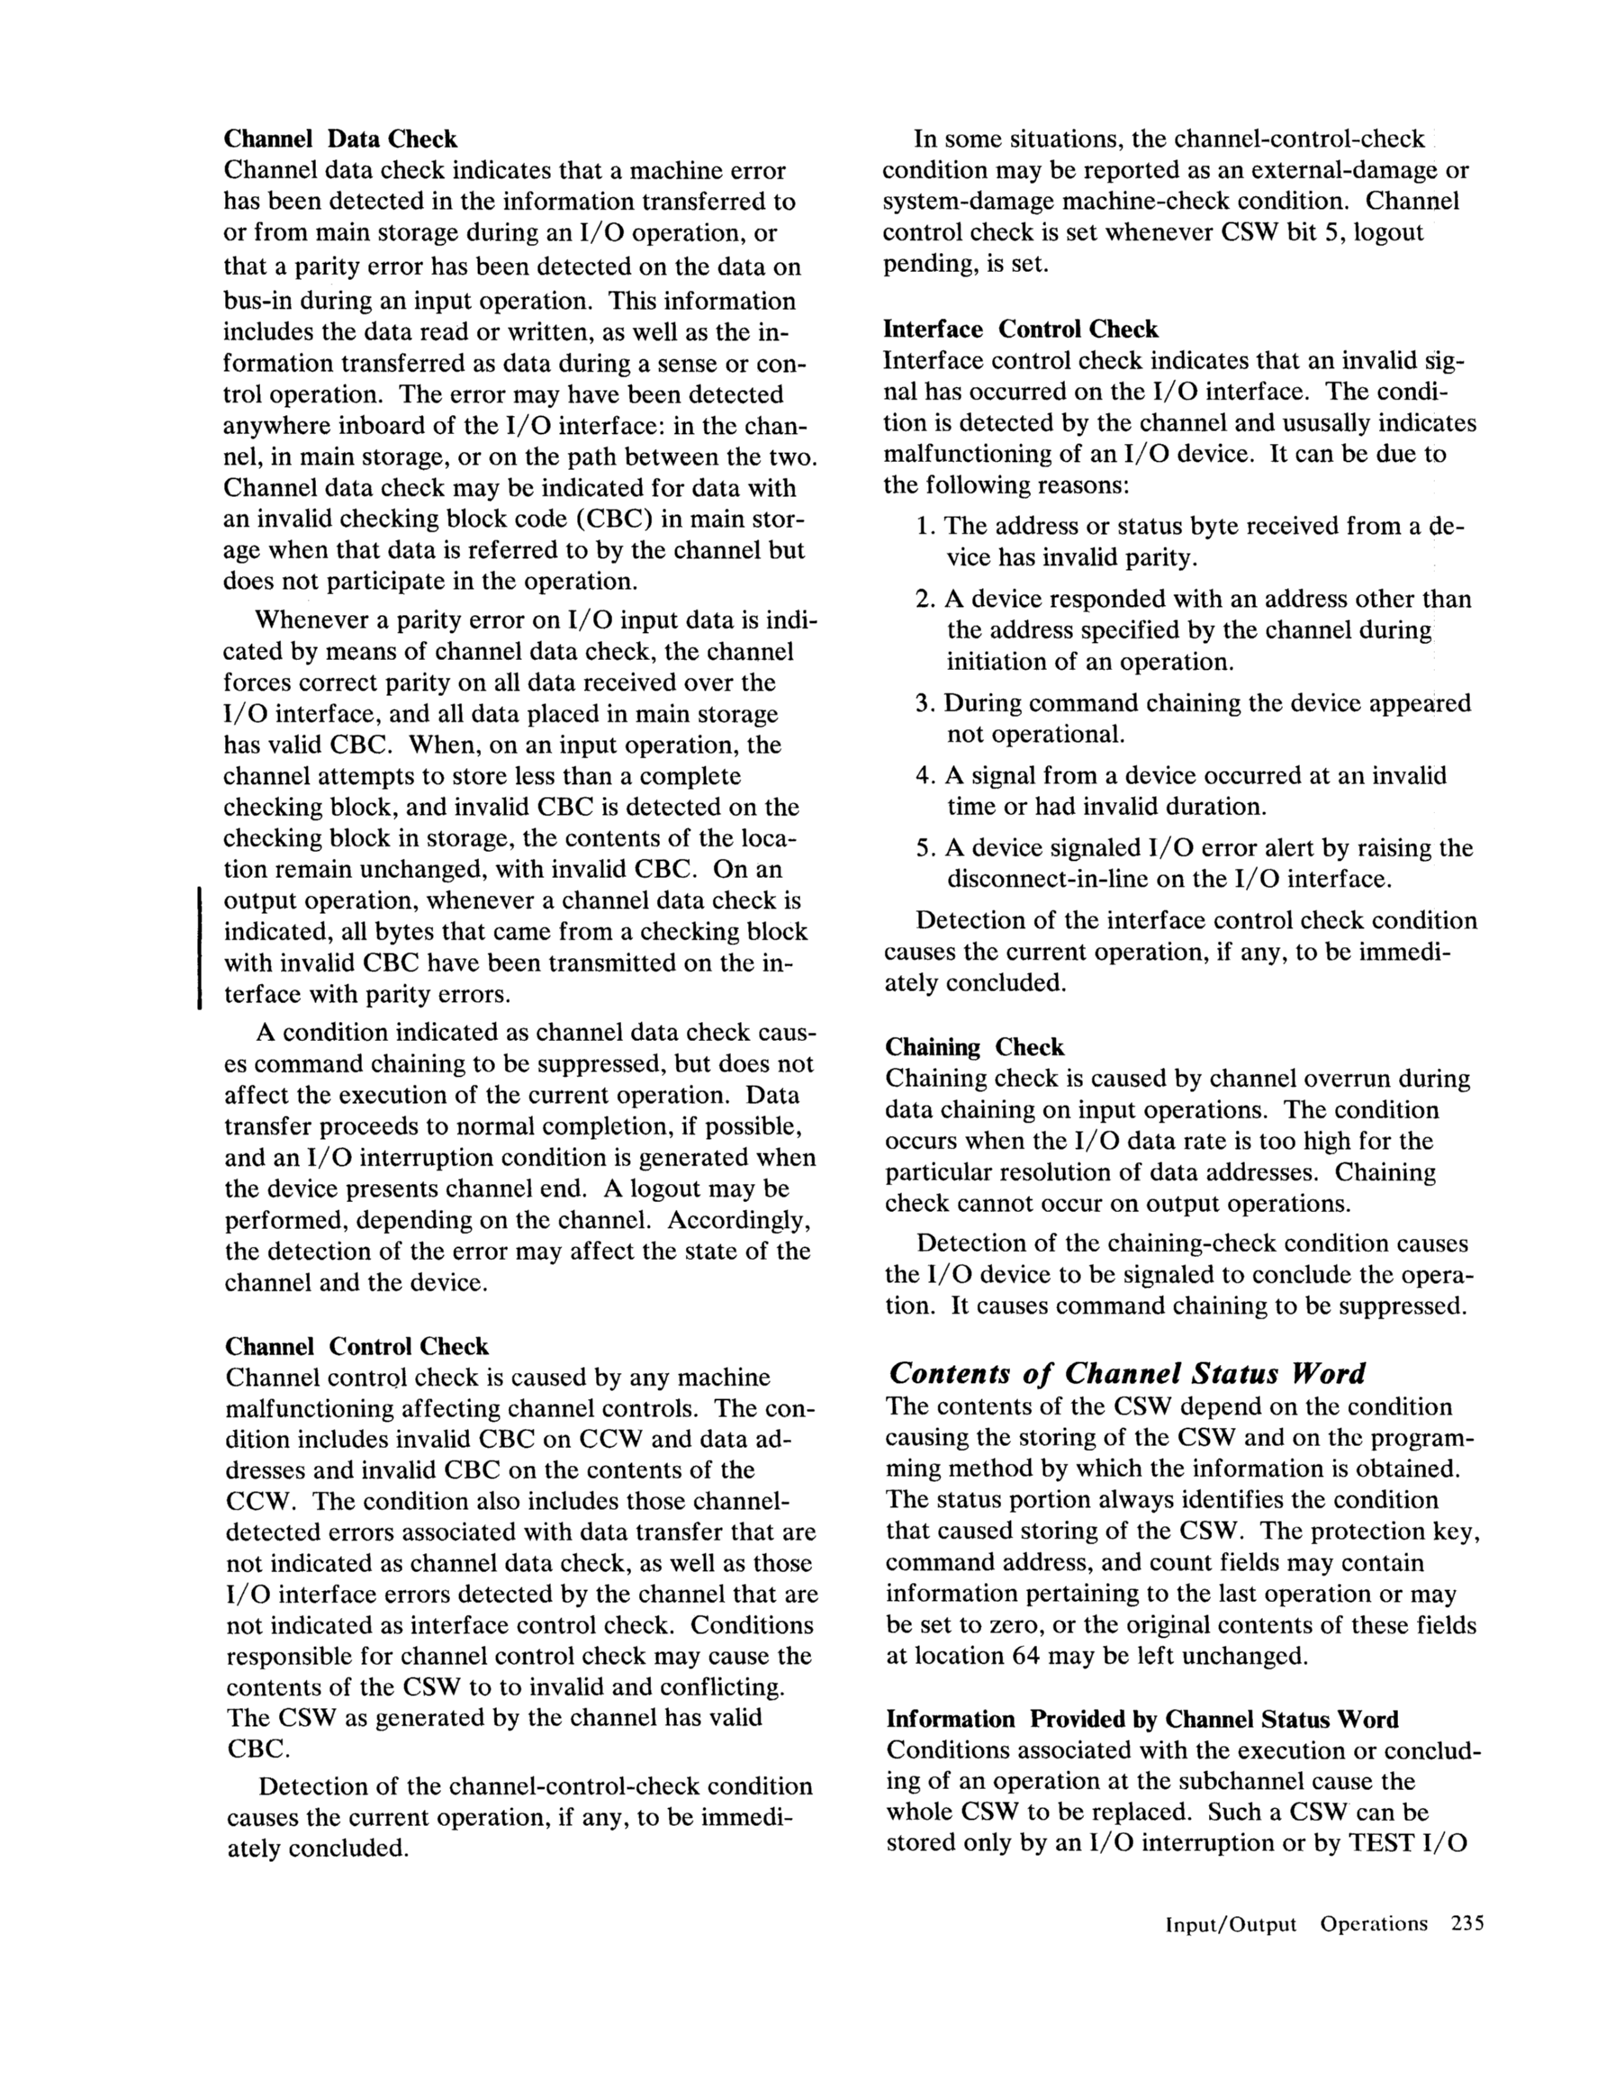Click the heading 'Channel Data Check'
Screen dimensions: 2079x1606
click(340, 139)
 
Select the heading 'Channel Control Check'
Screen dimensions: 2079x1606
click(357, 1346)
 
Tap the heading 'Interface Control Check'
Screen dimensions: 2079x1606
click(1021, 330)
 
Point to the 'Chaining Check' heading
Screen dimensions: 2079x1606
click(974, 1047)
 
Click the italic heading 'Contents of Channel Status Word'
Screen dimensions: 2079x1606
click(1126, 1373)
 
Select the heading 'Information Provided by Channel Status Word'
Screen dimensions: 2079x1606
click(1142, 1719)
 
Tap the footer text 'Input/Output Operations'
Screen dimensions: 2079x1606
click(1296, 1924)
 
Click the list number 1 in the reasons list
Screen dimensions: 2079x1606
click(923, 527)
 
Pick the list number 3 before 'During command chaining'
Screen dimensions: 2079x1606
click(923, 703)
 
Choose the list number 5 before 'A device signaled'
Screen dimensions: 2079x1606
click(923, 848)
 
